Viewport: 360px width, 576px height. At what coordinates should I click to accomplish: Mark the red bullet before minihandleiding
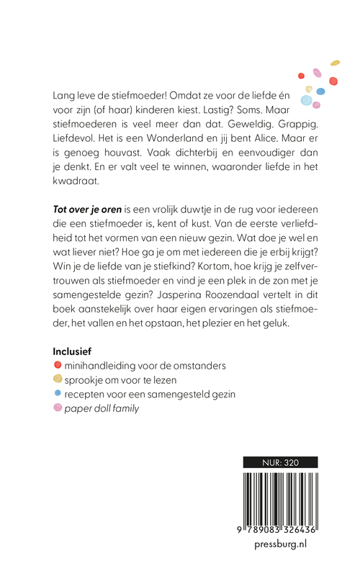click(x=58, y=366)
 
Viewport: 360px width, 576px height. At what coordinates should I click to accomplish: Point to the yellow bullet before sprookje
click(x=58, y=380)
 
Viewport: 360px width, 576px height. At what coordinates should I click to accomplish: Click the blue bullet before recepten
click(x=58, y=395)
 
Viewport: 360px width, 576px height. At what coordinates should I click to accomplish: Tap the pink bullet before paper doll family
click(x=58, y=409)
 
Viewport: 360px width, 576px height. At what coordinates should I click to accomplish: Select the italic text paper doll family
click(x=101, y=409)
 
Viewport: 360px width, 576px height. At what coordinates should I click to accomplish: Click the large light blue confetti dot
click(x=307, y=99)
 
